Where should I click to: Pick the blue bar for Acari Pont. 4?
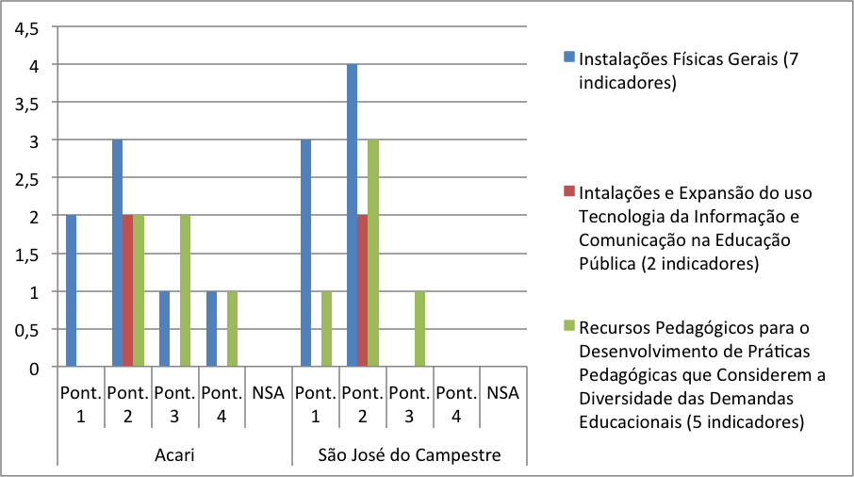click(212, 329)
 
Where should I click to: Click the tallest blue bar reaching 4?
click(353, 216)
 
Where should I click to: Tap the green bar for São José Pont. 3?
click(419, 329)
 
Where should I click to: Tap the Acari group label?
click(174, 455)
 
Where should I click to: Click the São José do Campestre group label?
click(409, 455)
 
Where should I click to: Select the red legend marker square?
click(568, 191)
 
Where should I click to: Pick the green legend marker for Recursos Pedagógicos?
click(568, 326)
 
